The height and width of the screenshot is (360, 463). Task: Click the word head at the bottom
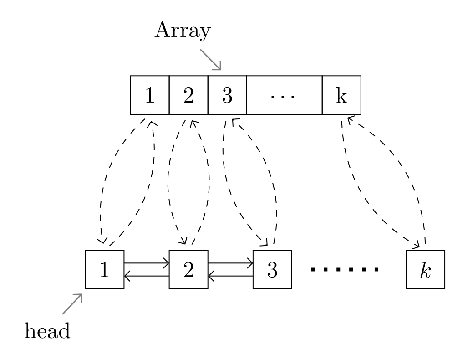pos(47,331)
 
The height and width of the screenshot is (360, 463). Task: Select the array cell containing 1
pos(150,95)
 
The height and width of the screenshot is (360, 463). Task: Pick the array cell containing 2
pos(188,95)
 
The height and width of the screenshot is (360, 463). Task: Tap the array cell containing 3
pos(227,95)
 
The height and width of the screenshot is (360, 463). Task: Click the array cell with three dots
pos(284,95)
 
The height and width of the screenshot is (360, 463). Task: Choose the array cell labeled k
pos(341,95)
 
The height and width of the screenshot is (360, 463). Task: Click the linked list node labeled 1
pos(105,269)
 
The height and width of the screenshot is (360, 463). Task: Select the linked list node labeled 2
pos(188,269)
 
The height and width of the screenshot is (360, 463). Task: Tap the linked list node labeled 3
pos(272,269)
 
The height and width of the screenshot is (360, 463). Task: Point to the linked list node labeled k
pos(425,269)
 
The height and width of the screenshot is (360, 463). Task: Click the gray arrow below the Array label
pos(210,59)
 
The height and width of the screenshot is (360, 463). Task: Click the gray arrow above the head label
pos(72,304)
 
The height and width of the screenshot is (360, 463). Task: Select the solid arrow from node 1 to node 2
pos(147,263)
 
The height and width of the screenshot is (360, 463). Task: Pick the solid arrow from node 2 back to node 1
pos(147,276)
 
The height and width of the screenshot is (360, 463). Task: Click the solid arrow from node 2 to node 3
pos(230,263)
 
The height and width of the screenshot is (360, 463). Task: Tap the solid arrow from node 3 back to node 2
pos(230,276)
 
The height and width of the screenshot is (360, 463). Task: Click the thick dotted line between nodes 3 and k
pos(345,270)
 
